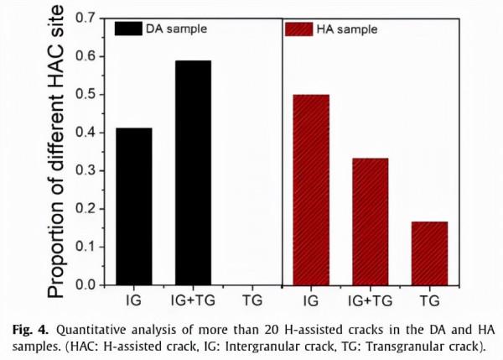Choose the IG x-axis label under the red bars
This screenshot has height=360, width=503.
[x=310, y=299]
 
